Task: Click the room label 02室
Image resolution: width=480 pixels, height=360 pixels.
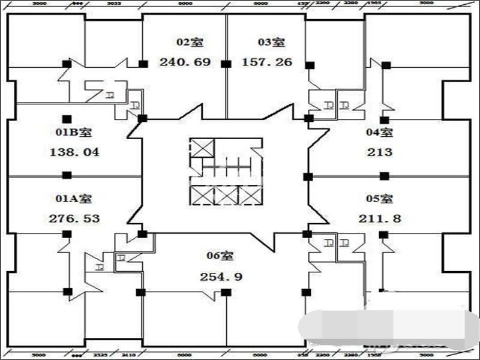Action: coord(190,42)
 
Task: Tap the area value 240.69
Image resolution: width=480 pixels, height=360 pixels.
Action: coord(185,62)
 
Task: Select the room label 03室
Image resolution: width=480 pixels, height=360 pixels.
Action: coord(271,42)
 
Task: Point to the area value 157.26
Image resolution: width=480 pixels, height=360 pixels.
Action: coord(267,62)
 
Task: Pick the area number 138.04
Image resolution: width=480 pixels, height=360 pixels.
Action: coord(74,152)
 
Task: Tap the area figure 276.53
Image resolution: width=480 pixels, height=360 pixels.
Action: coord(74,218)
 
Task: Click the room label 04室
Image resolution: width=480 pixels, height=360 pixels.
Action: coord(380,132)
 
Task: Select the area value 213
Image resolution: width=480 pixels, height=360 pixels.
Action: coord(380,152)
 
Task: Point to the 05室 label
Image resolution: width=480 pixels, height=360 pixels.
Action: coord(380,198)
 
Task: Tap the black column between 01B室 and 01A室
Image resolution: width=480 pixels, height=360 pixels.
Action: coord(67,175)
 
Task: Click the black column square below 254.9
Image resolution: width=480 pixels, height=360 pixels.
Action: coord(226,292)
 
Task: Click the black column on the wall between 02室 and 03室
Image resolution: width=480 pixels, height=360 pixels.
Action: coord(226,63)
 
